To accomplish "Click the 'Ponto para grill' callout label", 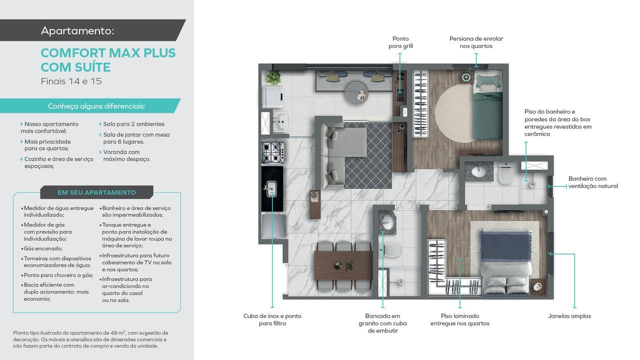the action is pos(400,42).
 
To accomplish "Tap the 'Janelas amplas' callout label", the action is pos(569,316).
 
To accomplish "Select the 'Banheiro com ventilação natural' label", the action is pos(593,182).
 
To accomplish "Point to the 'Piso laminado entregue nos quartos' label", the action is pos(459,319).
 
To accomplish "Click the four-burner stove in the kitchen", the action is pos(273,153).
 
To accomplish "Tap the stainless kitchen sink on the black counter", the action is pos(271,189).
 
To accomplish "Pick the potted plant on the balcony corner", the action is pos(273,77).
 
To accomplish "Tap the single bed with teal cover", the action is pos(488,105).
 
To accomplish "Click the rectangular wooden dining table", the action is pos(343,265).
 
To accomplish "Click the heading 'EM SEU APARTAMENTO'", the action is pos(96,192).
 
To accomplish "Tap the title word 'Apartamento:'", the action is pos(77,30).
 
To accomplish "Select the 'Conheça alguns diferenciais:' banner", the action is pos(96,106).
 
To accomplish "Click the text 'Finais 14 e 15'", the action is pos(71,81).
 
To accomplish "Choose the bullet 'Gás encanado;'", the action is pos(43,248).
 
